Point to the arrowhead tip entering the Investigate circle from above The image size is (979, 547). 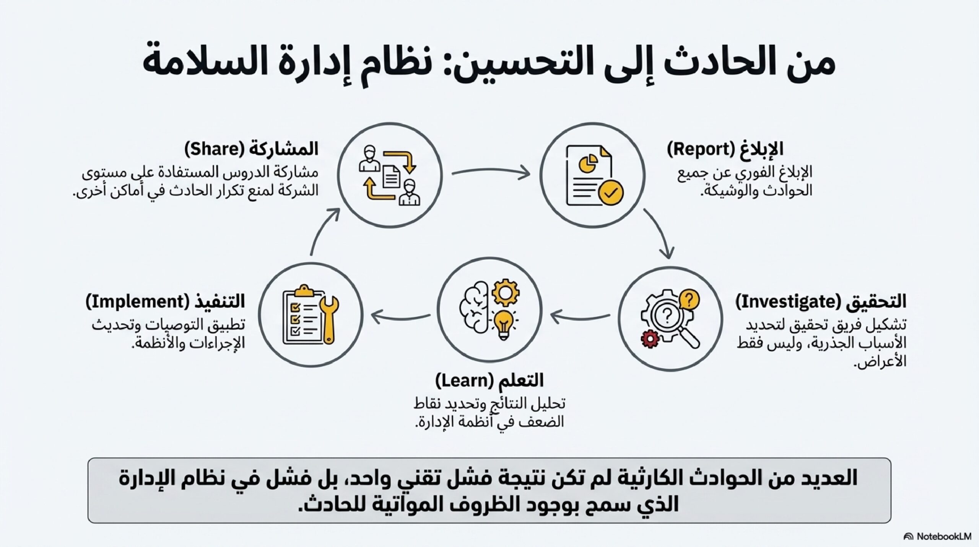tap(669, 258)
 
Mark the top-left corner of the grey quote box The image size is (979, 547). tap(88, 458)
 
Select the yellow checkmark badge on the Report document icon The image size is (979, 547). tap(611, 193)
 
